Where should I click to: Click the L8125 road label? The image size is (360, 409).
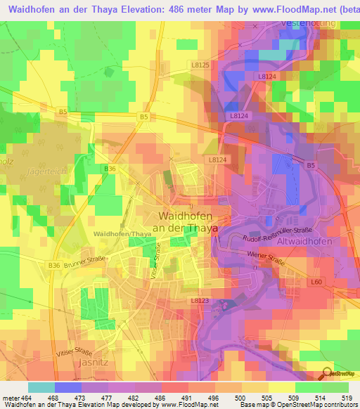(200, 65)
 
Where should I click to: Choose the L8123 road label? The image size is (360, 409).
(200, 300)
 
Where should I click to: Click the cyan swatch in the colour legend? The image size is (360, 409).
(41, 387)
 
